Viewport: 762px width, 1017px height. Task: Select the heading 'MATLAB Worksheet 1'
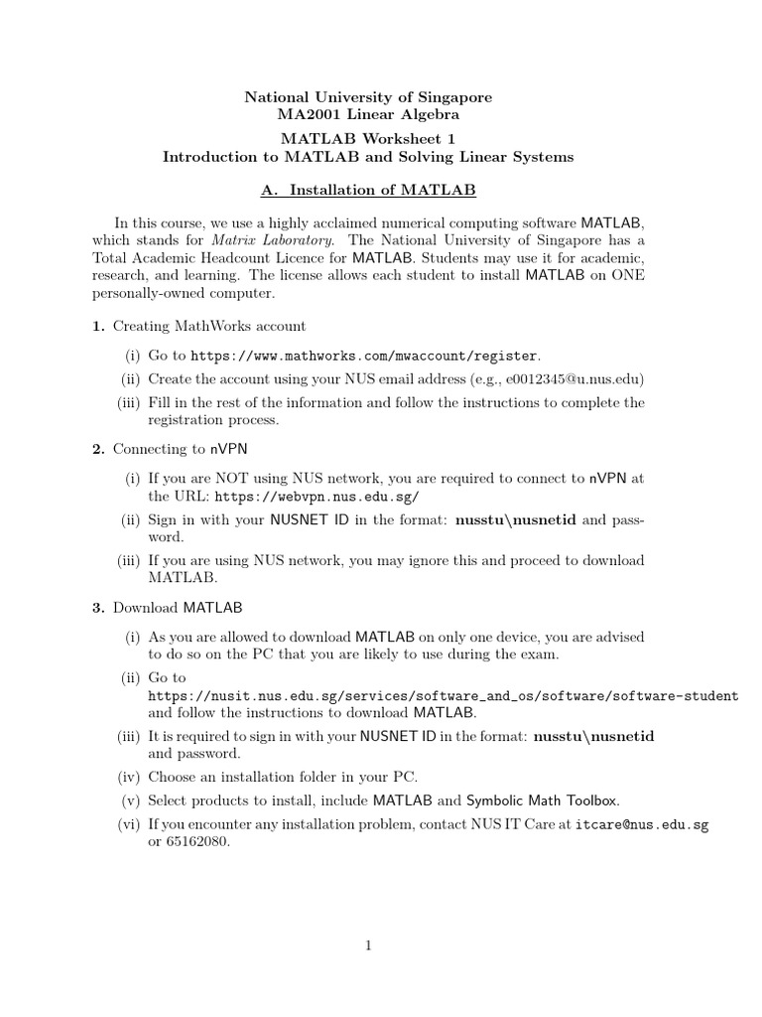pyautogui.click(x=368, y=139)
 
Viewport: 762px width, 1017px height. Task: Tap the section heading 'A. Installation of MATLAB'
pyautogui.click(x=368, y=189)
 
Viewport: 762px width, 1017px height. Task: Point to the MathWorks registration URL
pyautogui.click(x=365, y=355)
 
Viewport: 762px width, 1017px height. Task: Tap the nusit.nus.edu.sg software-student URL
pyautogui.click(x=443, y=696)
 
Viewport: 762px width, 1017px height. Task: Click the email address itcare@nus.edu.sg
pyautogui.click(x=642, y=824)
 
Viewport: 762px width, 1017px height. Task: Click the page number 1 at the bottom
pyautogui.click(x=368, y=945)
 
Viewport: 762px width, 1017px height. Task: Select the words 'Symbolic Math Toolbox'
pyautogui.click(x=543, y=800)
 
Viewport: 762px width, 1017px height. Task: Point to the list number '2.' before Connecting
pyautogui.click(x=98, y=450)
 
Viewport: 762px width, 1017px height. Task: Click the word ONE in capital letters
pyautogui.click(x=625, y=275)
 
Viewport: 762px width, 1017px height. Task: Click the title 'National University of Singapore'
pyautogui.click(x=368, y=97)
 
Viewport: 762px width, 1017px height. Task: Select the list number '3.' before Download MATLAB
pyautogui.click(x=98, y=607)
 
